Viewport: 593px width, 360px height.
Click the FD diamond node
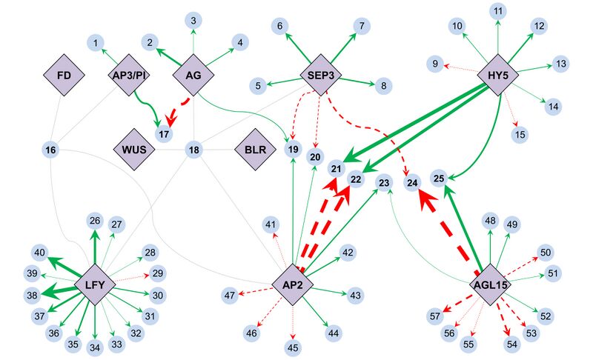pyautogui.click(x=63, y=75)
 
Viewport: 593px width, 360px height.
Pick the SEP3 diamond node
pyautogui.click(x=319, y=75)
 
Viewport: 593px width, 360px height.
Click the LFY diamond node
pyautogui.click(x=95, y=284)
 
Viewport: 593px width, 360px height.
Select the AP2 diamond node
pyautogui.click(x=292, y=284)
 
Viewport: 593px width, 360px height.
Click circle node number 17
pyautogui.click(x=164, y=134)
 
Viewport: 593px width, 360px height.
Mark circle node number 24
pyautogui.click(x=413, y=181)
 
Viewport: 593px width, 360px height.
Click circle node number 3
pyautogui.click(x=192, y=20)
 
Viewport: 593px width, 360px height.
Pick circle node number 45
pyautogui.click(x=293, y=346)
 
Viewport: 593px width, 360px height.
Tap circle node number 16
pyautogui.click(x=50, y=150)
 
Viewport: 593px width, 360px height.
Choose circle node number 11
pyautogui.click(x=498, y=11)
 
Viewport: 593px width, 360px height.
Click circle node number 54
pyautogui.click(x=511, y=344)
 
